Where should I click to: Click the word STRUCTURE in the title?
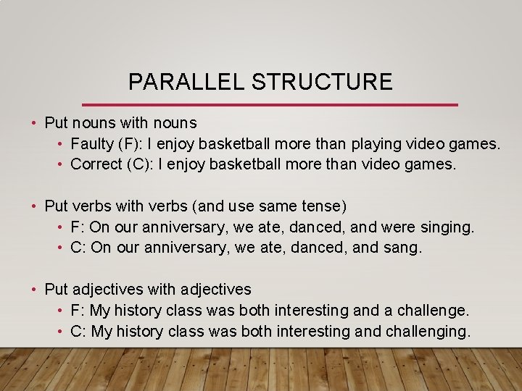322,82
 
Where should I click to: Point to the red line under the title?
270,105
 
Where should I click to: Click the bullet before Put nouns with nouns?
34,124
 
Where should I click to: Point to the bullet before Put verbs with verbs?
34,206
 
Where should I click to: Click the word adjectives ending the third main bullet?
215,290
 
